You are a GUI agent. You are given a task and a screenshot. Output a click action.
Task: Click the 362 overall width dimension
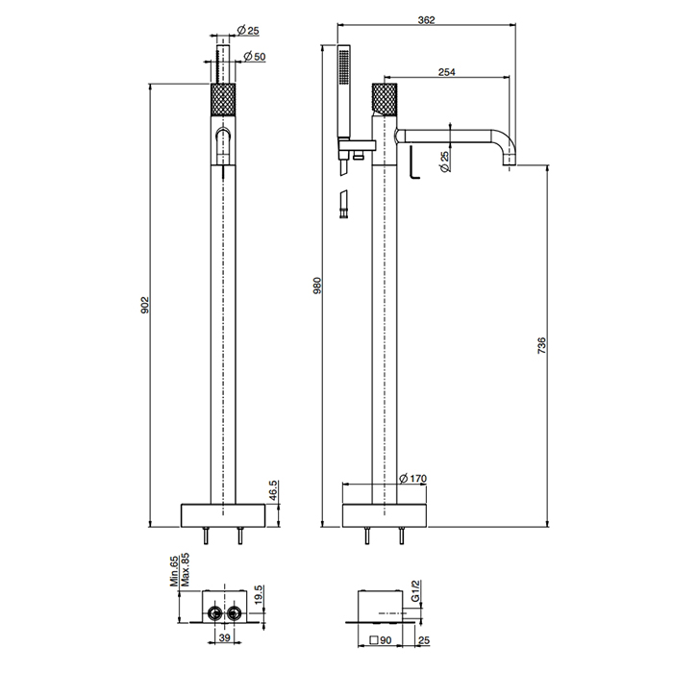[426, 20]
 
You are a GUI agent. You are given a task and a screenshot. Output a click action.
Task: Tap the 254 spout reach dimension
[447, 72]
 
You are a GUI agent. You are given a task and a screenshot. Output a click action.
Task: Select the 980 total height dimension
[317, 286]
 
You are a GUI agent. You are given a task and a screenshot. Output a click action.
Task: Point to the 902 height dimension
[144, 305]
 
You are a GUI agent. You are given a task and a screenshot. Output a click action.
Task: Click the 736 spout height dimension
[541, 345]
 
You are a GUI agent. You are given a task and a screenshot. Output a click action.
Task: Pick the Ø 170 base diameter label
[412, 478]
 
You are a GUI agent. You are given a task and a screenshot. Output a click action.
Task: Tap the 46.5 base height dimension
[274, 490]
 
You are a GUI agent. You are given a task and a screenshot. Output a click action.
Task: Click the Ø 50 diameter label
[255, 56]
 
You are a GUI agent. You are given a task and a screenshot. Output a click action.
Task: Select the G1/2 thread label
[414, 591]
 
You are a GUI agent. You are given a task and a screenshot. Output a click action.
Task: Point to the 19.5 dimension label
[258, 594]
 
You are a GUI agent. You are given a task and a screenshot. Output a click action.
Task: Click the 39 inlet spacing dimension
[224, 637]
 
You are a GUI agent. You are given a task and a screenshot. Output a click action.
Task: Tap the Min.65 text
[174, 571]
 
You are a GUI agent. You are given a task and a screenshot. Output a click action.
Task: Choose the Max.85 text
[185, 570]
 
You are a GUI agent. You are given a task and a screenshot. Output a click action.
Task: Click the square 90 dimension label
[381, 640]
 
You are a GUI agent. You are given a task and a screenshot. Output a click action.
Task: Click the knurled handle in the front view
[223, 100]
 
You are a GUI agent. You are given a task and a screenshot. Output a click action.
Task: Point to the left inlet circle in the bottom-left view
[213, 612]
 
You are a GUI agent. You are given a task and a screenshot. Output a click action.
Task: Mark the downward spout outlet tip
[510, 164]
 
